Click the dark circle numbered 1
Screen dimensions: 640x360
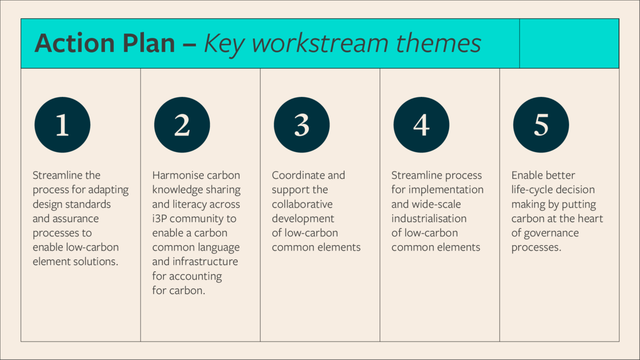62,125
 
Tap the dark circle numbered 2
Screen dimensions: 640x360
182,125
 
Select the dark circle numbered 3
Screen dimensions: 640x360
301,125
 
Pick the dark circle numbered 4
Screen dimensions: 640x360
421,125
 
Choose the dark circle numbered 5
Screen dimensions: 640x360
541,125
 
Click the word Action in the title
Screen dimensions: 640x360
75,43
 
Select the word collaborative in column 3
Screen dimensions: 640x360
302,204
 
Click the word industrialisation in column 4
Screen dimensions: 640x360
429,218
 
